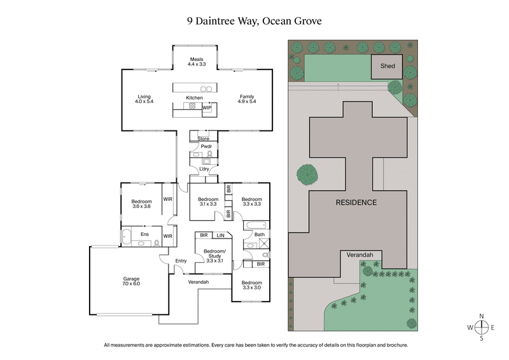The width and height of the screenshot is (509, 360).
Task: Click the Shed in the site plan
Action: [x=387, y=66]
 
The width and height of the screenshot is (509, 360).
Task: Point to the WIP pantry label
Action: [x=207, y=108]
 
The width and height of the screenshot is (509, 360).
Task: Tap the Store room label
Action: [x=203, y=138]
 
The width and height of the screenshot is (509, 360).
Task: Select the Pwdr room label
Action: [x=206, y=146]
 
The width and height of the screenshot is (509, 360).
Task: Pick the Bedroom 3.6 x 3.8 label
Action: [x=141, y=204]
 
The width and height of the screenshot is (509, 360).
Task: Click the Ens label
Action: [x=146, y=234]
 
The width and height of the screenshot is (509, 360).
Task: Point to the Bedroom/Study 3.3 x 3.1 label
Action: [x=213, y=255]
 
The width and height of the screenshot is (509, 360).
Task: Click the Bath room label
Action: [x=259, y=235]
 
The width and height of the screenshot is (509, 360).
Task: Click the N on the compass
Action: [x=482, y=316]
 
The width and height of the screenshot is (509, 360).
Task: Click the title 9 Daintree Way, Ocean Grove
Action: [x=254, y=21]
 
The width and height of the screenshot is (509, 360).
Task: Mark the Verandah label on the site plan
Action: [x=359, y=254]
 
